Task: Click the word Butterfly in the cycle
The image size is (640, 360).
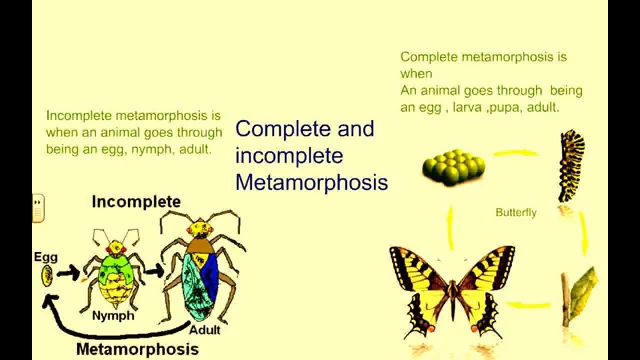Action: pos(516,212)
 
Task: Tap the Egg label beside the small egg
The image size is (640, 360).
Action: pos(45,257)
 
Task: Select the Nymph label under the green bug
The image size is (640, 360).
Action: pos(113,315)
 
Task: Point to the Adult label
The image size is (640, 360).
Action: pos(205,330)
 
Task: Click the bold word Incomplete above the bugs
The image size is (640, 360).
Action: pos(136,202)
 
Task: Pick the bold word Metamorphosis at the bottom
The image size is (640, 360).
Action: pos(137,348)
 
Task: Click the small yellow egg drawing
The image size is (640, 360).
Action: pos(47,275)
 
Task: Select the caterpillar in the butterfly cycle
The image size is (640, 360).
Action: pos(571,165)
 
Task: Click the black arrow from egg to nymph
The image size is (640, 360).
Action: pos(68,273)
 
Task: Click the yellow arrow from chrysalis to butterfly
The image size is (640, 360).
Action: pos(528,304)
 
